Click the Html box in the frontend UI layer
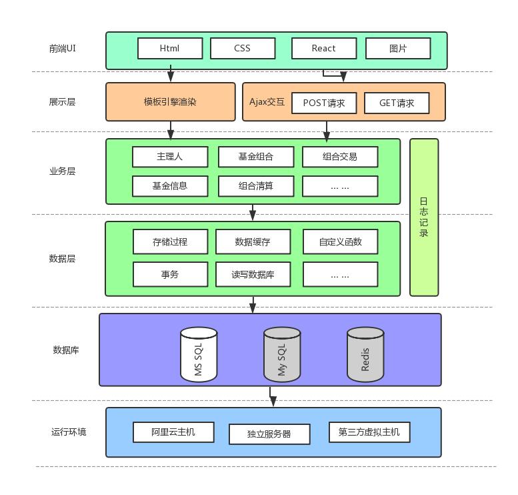169,48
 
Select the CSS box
242,48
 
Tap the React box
324,48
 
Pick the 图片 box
397,48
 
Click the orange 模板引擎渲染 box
171,102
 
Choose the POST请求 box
324,103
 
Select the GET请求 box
396,103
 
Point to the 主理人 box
169,157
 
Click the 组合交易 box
340,157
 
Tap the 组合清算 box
256,186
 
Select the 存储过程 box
170,241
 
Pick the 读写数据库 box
253,274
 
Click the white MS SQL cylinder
199,354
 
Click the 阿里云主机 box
173,432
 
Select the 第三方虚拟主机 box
369,432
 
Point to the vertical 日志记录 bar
424,217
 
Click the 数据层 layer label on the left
62,259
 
